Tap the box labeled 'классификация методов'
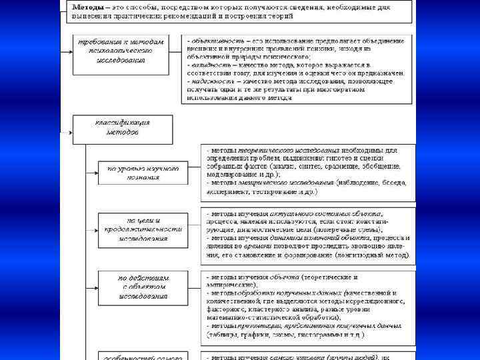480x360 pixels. click(123, 127)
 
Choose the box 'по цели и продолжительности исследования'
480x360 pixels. click(139, 229)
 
